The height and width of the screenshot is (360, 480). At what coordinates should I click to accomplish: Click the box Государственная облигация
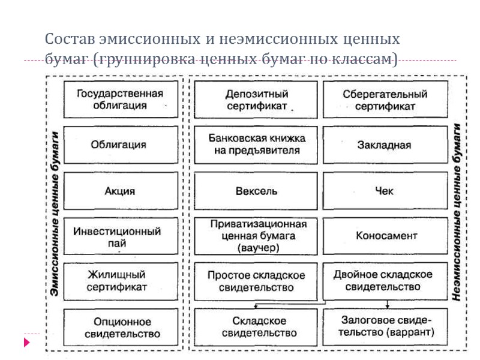[x=120, y=99]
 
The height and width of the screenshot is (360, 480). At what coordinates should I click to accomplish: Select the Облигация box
[x=120, y=145]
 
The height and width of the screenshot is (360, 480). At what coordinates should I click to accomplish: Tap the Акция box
[x=120, y=191]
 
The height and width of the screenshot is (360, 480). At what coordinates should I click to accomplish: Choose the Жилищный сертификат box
[x=120, y=281]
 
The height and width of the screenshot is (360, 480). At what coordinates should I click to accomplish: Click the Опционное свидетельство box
[x=120, y=328]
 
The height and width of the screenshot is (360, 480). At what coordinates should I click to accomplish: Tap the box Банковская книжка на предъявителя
[x=256, y=145]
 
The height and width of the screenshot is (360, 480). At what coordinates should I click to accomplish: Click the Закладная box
[x=385, y=145]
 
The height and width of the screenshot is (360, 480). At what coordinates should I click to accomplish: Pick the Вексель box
[x=256, y=191]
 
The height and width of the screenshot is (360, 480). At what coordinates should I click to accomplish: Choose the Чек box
[x=385, y=191]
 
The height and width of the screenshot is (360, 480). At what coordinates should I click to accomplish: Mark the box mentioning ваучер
[x=256, y=235]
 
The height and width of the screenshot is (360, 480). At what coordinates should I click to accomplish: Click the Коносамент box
[x=385, y=235]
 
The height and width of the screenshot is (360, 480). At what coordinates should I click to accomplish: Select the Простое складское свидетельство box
[x=256, y=281]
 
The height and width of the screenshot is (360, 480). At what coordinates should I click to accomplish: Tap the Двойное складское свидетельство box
[x=385, y=281]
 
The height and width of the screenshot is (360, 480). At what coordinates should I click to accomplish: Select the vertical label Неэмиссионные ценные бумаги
[x=457, y=213]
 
